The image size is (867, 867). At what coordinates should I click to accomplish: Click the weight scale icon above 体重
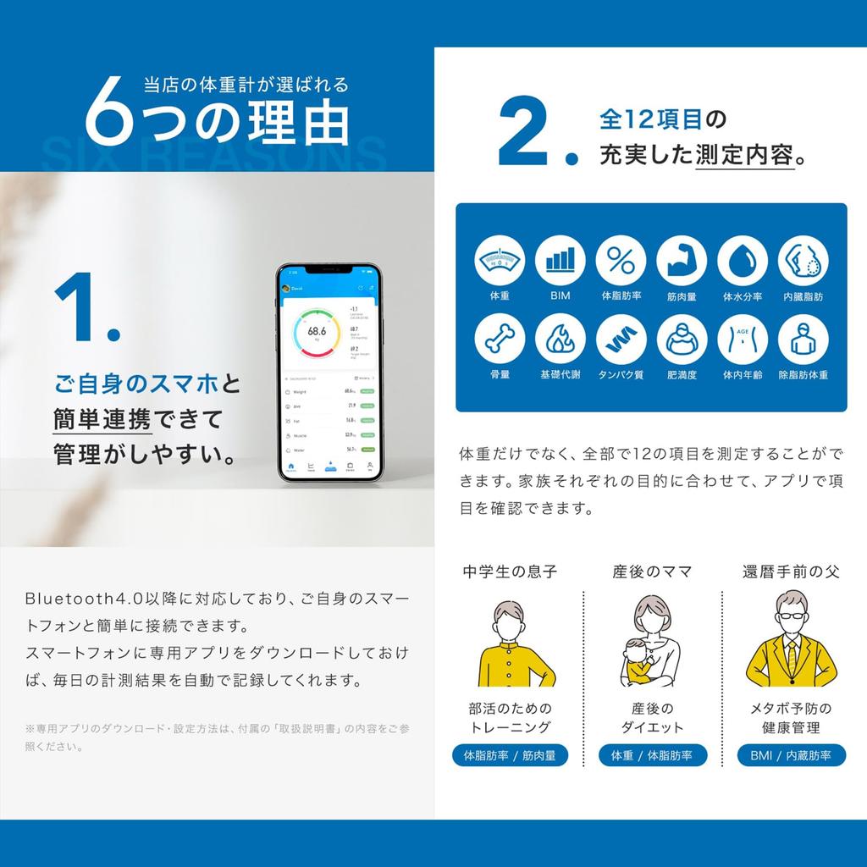(499, 261)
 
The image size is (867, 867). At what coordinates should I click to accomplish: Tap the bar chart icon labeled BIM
(560, 261)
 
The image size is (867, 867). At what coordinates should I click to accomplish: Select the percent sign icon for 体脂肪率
(621, 261)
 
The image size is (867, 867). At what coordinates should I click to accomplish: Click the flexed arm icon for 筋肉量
(682, 261)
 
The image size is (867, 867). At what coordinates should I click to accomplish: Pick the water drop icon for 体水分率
(743, 261)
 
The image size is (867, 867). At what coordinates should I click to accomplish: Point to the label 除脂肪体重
(803, 374)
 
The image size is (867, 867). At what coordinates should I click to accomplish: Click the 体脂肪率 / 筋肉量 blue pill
(510, 755)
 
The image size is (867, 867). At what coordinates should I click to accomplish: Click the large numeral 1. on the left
(85, 309)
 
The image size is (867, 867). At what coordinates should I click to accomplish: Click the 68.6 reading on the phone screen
(318, 331)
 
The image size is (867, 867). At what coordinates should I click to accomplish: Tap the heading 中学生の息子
(510, 572)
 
